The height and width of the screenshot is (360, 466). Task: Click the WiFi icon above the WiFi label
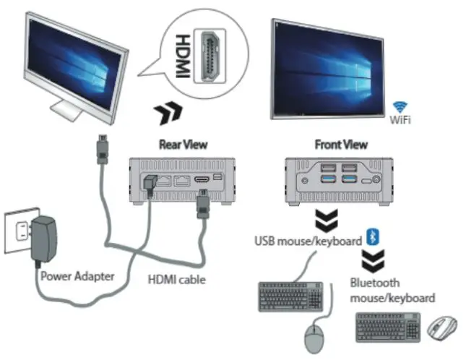click(398, 106)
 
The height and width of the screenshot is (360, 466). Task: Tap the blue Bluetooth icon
click(374, 238)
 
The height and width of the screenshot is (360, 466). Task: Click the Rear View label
click(182, 144)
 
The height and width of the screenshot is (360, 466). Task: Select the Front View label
click(339, 144)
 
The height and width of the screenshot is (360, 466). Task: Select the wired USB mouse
click(313, 337)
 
